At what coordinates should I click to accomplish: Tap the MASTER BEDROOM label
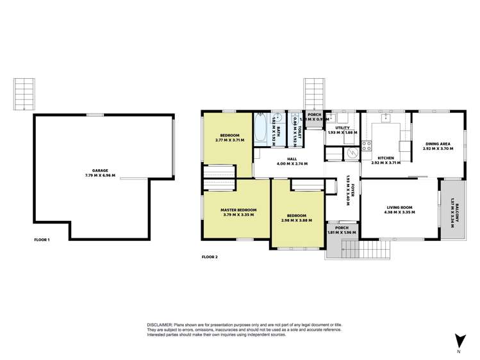pos(239,209)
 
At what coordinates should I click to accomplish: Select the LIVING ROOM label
pos(399,207)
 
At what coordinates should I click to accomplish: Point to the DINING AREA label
pos(438,143)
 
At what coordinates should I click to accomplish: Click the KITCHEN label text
pos(385,158)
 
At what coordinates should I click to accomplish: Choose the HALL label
pos(292,159)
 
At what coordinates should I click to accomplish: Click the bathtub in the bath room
pos(260,128)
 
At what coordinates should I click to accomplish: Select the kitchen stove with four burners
pos(367,145)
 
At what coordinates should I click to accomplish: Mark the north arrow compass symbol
pos(459,341)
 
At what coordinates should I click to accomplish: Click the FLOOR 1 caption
pos(42,240)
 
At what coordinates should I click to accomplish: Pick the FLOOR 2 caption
pos(210,257)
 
